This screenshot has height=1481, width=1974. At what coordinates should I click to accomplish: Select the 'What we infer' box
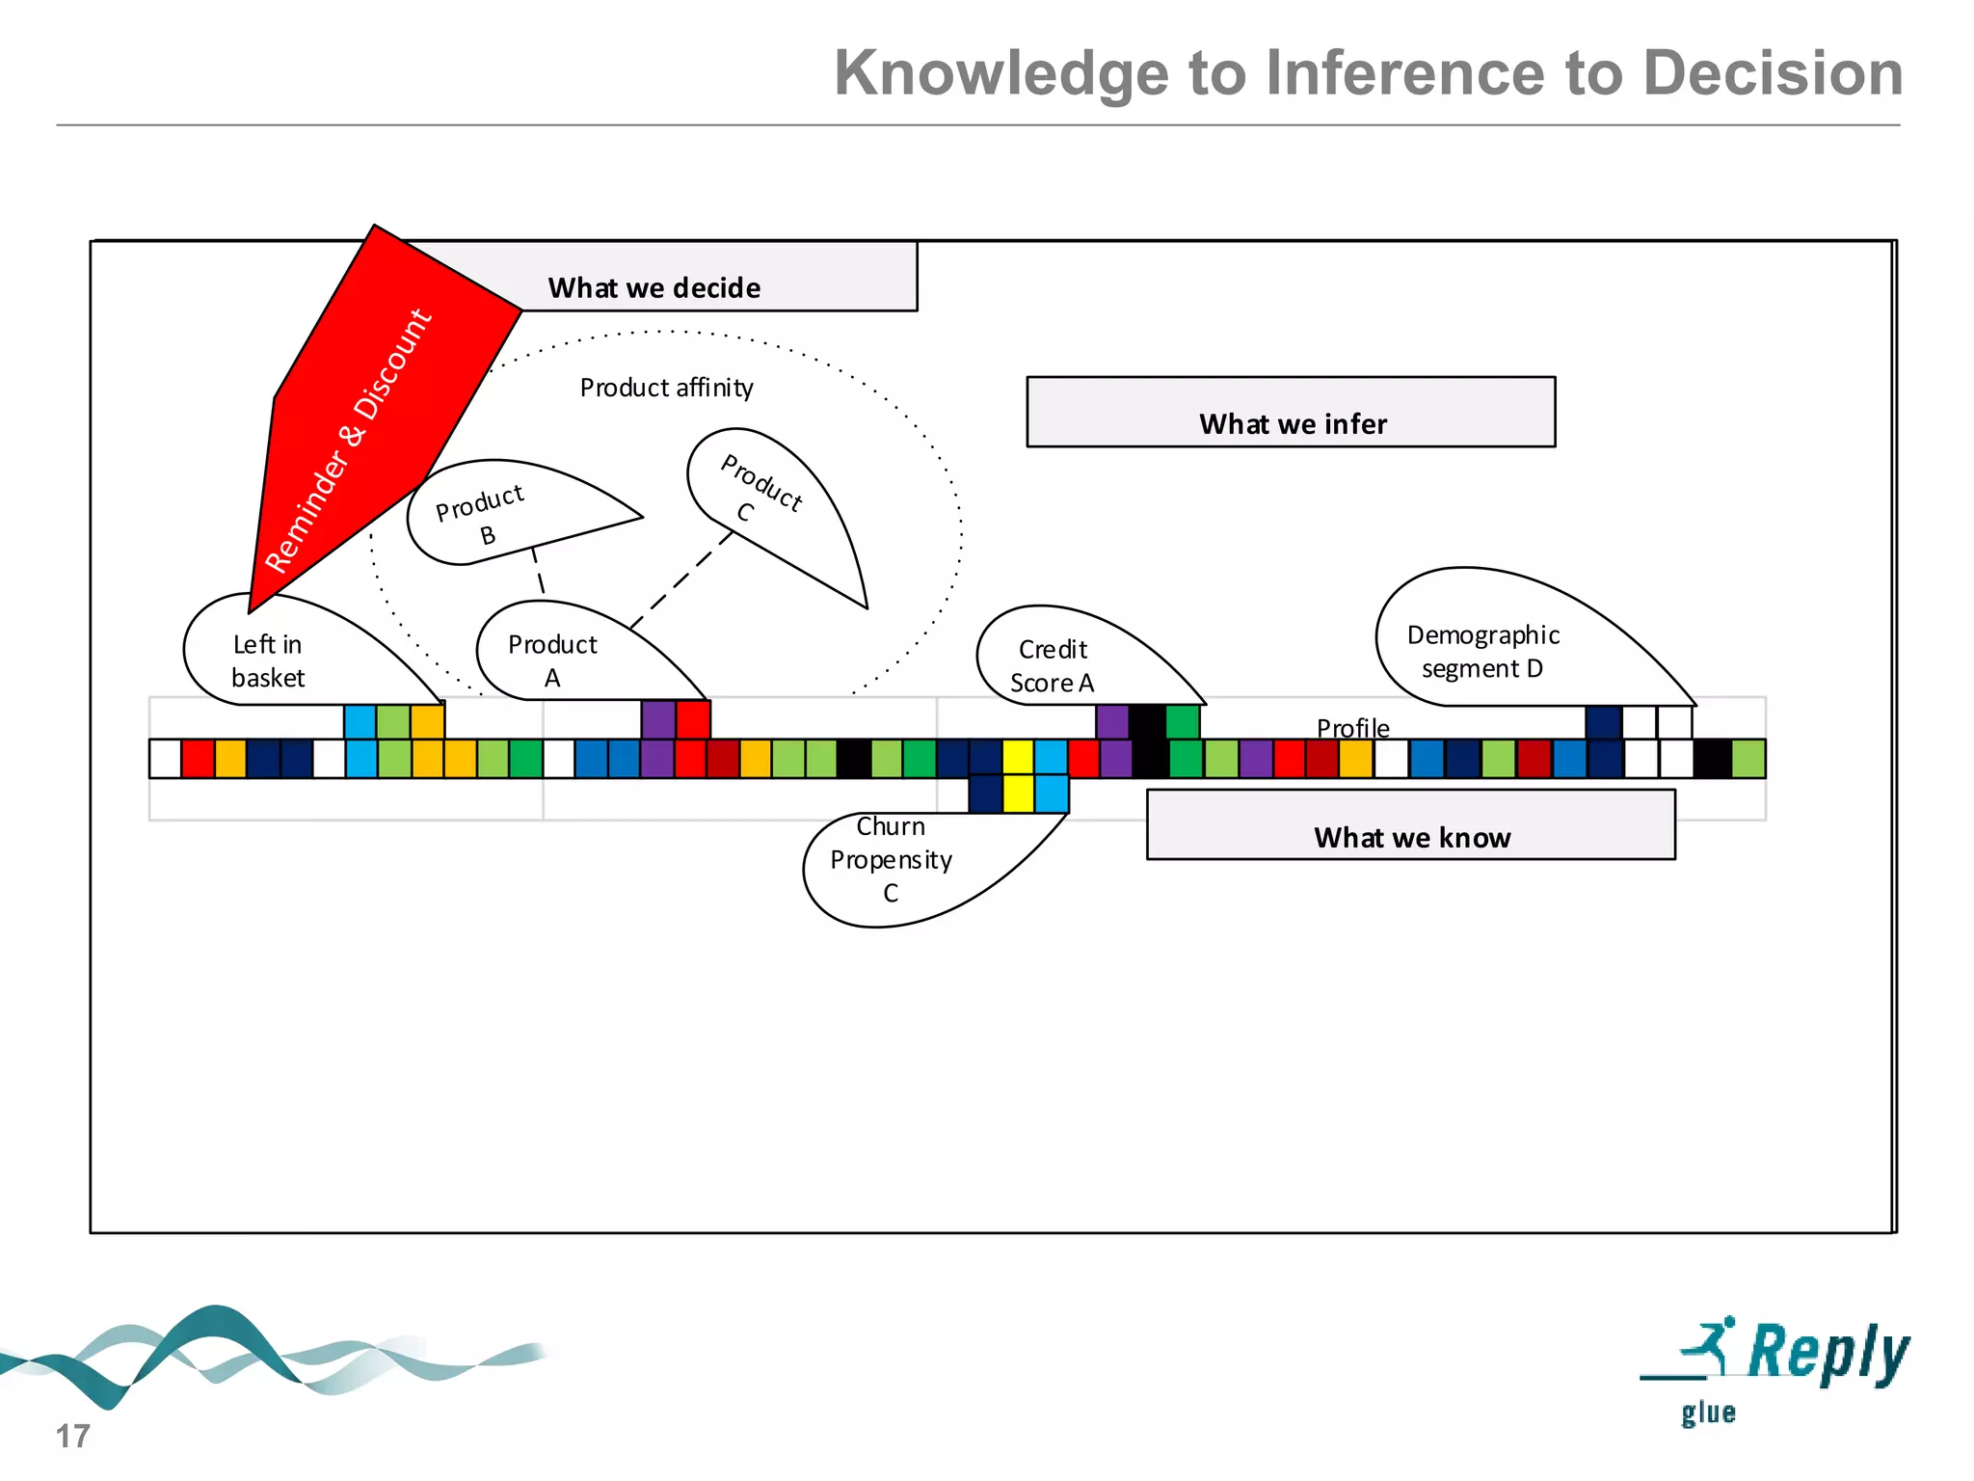pyautogui.click(x=1291, y=413)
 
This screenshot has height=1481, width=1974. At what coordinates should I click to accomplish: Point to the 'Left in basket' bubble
pyautogui.click(x=280, y=657)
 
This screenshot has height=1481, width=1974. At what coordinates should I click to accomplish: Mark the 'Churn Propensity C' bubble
pyautogui.click(x=896, y=863)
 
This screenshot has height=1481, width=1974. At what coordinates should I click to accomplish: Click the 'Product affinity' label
pyautogui.click(x=666, y=388)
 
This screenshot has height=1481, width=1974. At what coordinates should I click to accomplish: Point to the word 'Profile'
pyautogui.click(x=1352, y=728)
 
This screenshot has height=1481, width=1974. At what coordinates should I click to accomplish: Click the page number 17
pyautogui.click(x=72, y=1436)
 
